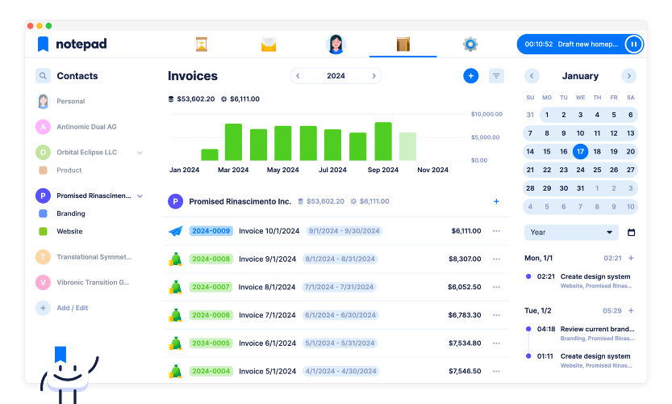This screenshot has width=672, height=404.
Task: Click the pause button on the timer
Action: point(633,44)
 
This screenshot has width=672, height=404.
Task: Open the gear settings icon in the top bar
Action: point(470,44)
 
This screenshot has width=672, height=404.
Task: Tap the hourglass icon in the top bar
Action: point(202,44)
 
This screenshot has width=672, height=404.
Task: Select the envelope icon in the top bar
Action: point(269,44)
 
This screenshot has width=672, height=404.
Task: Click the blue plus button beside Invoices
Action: point(470,76)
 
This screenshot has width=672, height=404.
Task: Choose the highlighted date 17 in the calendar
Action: point(580,152)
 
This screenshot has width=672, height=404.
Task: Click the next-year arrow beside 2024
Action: point(374,76)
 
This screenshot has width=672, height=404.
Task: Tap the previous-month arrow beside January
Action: point(532,76)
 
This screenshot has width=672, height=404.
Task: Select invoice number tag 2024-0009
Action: point(211,231)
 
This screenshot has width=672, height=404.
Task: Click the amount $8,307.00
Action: point(465,259)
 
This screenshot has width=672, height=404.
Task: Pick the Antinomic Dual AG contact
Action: point(86,127)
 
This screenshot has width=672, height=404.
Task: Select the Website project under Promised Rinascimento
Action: point(69,231)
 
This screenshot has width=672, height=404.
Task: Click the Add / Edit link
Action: point(72,308)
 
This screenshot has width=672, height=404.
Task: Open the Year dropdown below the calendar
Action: point(571,232)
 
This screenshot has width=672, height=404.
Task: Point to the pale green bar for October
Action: point(407,146)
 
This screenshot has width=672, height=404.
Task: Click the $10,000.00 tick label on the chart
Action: point(486,114)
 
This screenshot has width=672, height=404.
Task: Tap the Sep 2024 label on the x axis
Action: point(382,170)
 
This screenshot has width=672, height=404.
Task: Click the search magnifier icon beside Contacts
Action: point(43,76)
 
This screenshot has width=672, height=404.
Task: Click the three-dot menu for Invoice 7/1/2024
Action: point(496,315)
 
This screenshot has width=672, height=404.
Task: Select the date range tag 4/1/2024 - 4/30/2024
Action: point(340,371)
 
